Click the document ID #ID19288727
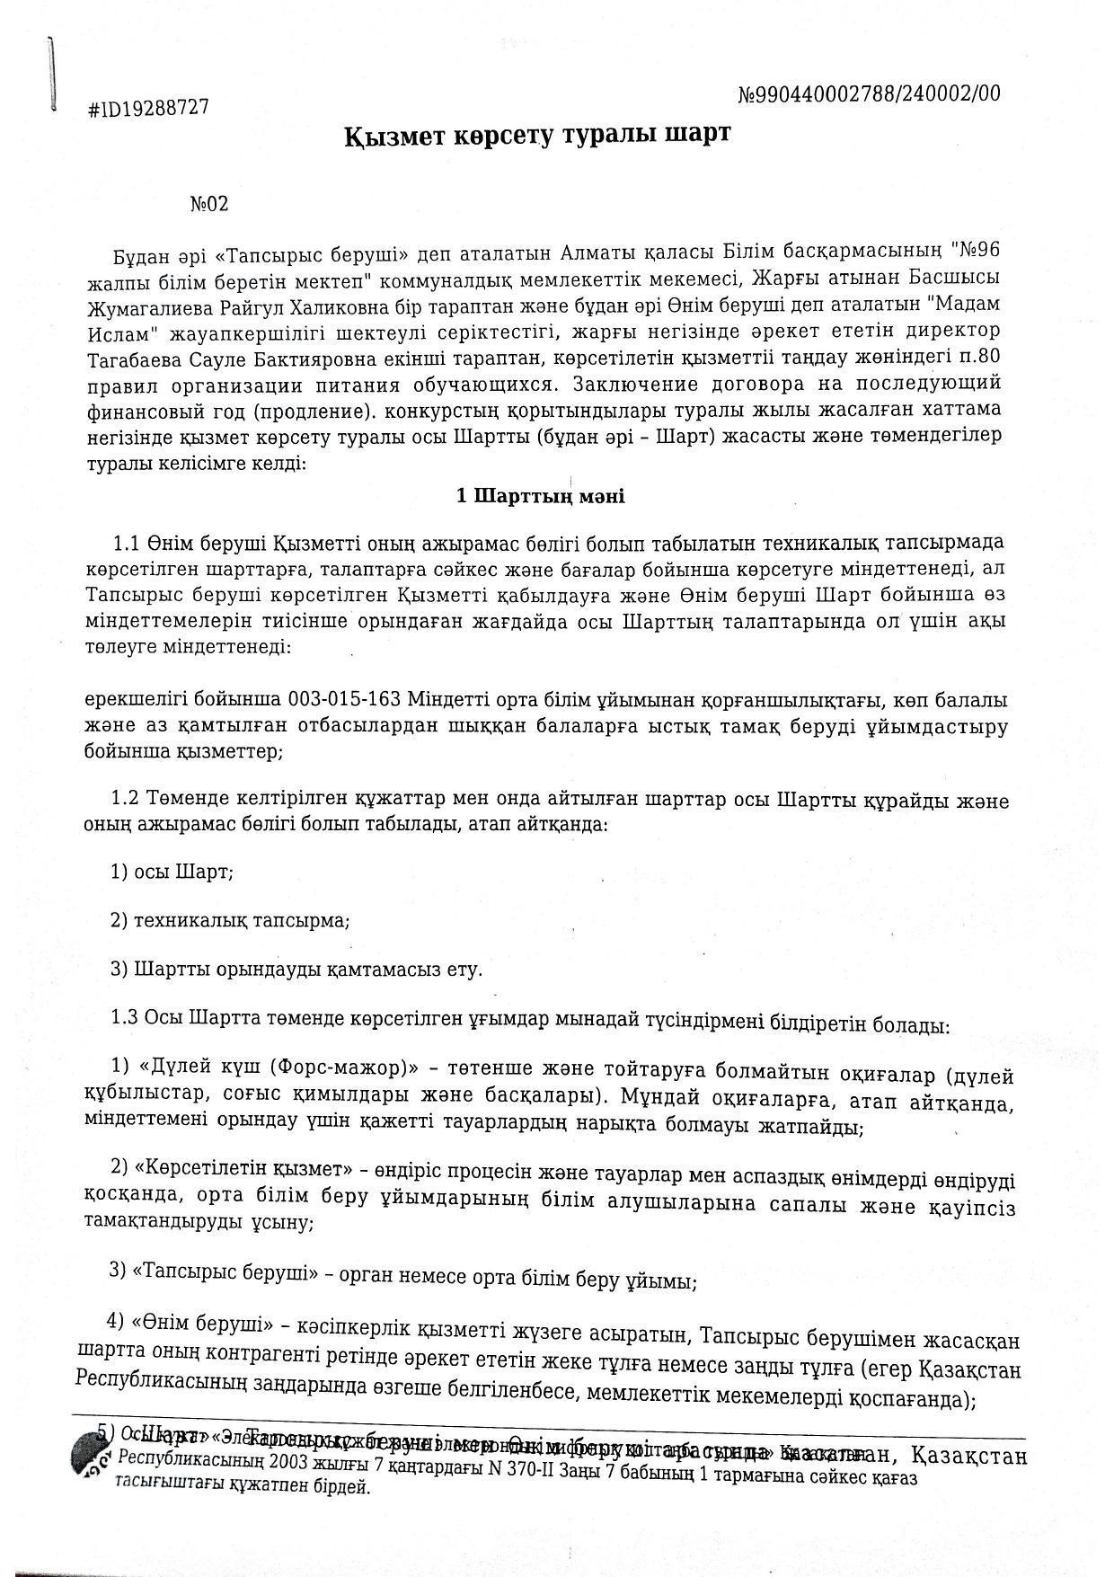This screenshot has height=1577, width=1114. [x=148, y=108]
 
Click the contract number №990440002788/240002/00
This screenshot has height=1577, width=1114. [x=868, y=93]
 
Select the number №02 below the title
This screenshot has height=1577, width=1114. [x=209, y=203]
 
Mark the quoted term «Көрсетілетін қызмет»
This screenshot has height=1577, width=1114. [x=243, y=1169]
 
